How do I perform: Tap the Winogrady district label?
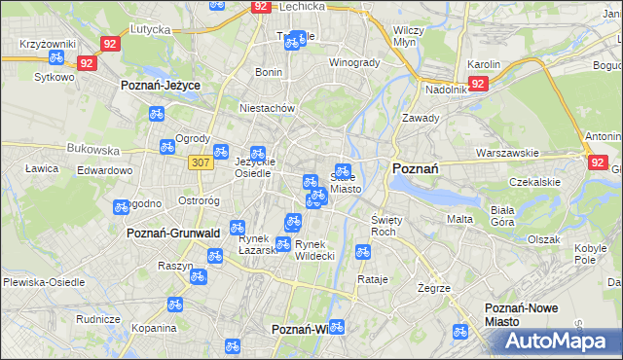point(353,62)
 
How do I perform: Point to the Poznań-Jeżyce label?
point(160,86)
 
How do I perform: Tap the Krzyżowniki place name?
point(48,46)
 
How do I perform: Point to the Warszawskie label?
point(507,153)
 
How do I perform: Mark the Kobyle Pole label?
point(585,255)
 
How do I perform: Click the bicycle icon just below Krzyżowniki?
point(57,57)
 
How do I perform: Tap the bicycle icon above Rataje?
point(363,252)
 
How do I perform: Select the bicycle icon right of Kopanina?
point(174,305)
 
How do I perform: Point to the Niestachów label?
point(267,108)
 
